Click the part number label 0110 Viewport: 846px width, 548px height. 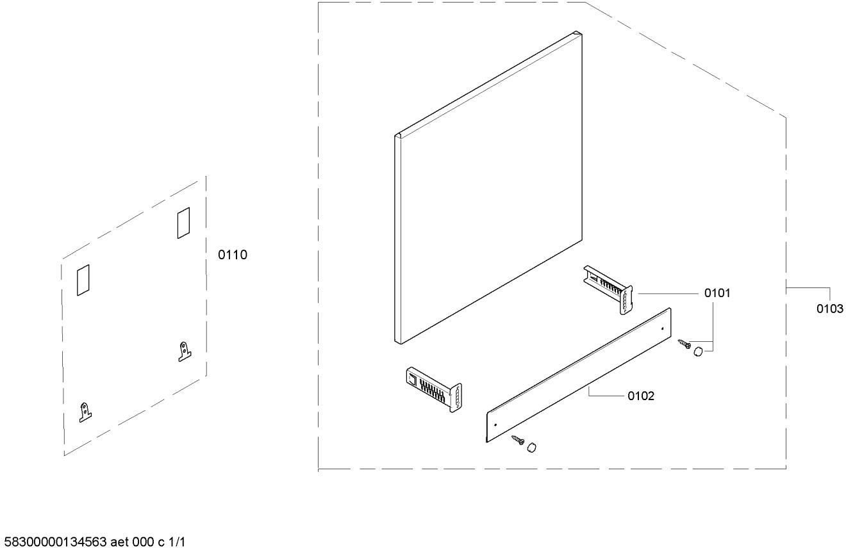coord(233,255)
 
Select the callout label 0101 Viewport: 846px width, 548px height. coord(717,293)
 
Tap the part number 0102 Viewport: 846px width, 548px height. coord(641,396)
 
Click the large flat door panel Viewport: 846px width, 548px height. coord(487,192)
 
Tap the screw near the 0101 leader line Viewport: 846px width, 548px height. coord(683,345)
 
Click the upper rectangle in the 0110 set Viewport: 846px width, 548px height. coord(183,222)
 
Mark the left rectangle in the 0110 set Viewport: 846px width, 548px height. coord(83,280)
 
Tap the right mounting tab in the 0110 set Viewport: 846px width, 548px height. coord(184,351)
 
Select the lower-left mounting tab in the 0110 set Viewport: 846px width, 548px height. coord(85,412)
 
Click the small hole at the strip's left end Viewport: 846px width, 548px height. coord(495,424)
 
